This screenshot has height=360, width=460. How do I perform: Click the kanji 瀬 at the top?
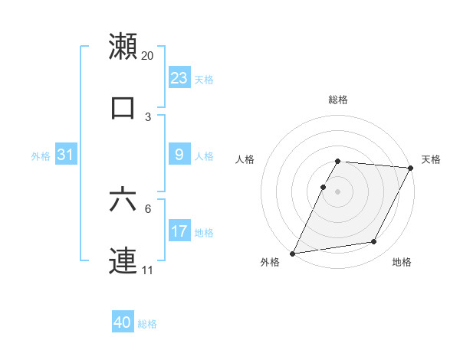[123, 46]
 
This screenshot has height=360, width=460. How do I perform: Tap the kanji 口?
[123, 107]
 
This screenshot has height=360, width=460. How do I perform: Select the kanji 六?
[123, 200]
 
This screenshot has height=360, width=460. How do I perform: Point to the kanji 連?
[123, 260]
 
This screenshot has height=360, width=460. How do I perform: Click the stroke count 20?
[148, 56]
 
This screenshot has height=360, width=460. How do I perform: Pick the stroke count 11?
[147, 270]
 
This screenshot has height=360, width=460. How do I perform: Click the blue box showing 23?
[179, 78]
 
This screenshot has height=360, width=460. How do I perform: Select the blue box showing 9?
[179, 155]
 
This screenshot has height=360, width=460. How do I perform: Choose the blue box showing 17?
[179, 231]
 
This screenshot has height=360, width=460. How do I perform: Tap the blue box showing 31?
[66, 155]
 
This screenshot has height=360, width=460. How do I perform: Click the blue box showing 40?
[123, 322]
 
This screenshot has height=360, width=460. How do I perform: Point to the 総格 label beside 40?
[147, 324]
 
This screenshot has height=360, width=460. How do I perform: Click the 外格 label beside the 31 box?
[41, 156]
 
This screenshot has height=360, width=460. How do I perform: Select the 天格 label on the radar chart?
[431, 159]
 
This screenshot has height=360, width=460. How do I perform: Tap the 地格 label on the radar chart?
[402, 262]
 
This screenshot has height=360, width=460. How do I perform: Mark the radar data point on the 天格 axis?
[411, 168]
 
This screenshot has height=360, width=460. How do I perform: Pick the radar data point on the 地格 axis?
[374, 242]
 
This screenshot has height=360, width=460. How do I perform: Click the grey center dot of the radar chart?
[338, 191]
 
